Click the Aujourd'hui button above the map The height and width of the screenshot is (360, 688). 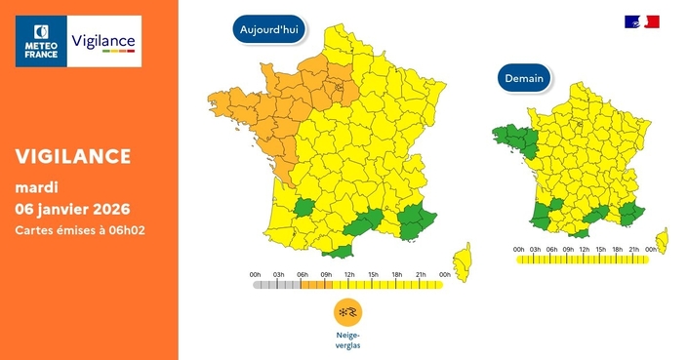[270, 30]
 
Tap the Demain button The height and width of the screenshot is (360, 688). [525, 78]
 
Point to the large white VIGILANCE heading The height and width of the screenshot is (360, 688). [73, 157]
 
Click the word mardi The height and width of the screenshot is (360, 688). [36, 186]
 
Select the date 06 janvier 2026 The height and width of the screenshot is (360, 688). [72, 209]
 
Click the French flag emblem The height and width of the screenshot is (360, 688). [642, 21]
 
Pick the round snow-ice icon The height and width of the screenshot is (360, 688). [347, 312]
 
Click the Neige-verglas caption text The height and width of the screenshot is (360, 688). [347, 339]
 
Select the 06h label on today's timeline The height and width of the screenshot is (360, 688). [302, 274]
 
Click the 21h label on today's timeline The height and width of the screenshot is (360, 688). [421, 274]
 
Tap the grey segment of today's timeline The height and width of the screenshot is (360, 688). [276, 286]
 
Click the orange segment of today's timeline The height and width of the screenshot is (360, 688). [314, 286]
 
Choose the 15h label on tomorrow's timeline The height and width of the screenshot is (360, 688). [600, 249]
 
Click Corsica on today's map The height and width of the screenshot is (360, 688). [463, 259]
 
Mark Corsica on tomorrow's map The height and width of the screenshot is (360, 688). [663, 237]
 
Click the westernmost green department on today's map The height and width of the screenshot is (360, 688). [304, 208]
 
